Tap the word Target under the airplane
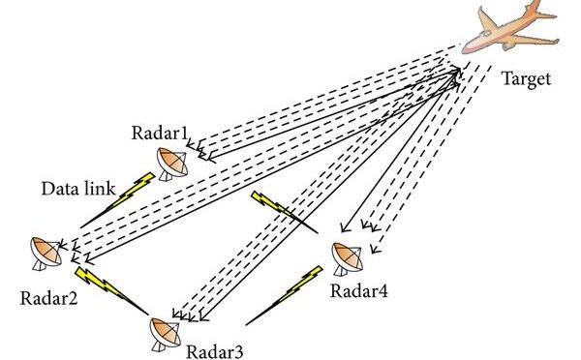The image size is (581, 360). pos(526,78)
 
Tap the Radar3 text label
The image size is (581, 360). pos(216,348)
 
